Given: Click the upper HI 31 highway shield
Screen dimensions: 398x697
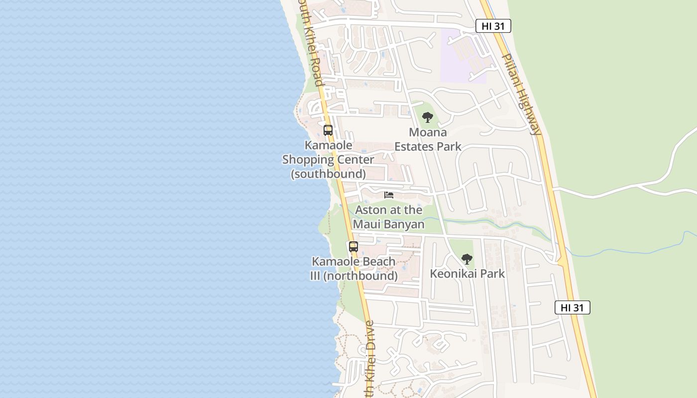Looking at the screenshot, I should coord(493,26).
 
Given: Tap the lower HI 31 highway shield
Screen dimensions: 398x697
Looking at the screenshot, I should coord(572,307).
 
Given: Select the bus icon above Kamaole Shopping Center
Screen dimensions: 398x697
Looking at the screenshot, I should coord(328,130).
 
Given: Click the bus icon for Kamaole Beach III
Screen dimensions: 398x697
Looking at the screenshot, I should coord(353,246).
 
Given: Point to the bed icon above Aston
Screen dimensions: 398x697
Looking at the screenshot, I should coord(389,195).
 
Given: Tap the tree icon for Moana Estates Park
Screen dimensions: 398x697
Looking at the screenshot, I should coord(427,118).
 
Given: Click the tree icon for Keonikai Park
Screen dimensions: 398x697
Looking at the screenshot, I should coord(466,259).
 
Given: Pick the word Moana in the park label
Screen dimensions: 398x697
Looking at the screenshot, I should coord(428,133).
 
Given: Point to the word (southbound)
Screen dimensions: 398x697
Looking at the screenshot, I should coord(328,174).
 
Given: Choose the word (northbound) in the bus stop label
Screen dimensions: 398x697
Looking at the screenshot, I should coord(360,276).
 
